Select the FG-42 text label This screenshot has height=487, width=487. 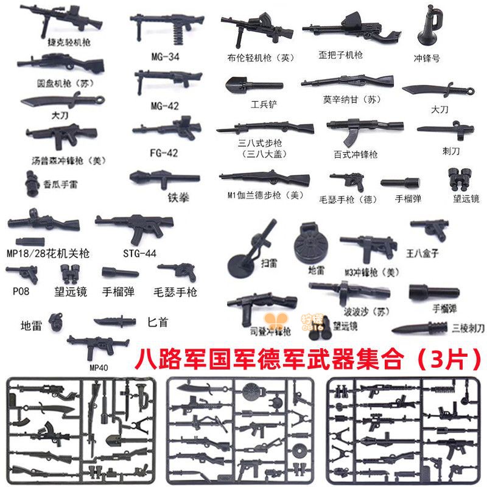(164, 153)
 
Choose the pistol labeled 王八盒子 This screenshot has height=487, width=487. (429, 229)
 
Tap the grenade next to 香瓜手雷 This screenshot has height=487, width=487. (30, 181)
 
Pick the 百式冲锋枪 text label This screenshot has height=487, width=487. (356, 155)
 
